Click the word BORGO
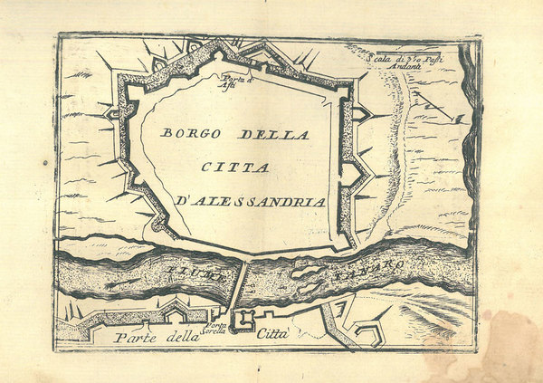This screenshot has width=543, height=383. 193,133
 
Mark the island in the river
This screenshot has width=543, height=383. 305,273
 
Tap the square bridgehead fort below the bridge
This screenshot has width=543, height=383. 243,320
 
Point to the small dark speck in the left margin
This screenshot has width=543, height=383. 44,164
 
